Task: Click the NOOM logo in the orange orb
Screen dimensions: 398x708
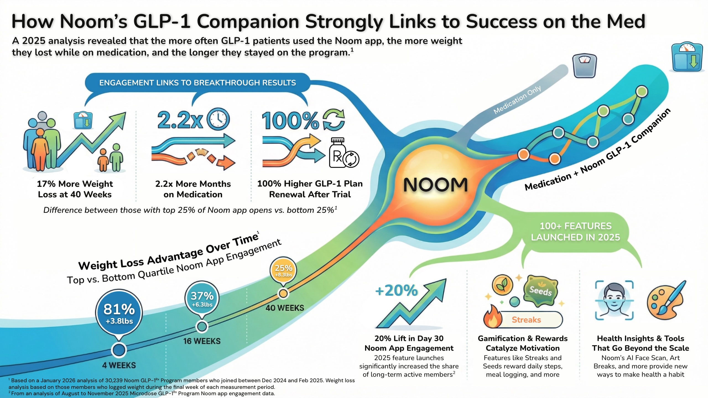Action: coord(435,185)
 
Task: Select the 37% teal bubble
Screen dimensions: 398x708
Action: coord(202,298)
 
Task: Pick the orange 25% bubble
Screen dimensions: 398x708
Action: coord(283,270)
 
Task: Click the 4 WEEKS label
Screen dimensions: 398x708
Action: coord(119,365)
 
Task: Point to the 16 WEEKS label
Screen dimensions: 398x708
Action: coord(202,341)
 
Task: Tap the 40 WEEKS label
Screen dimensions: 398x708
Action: coord(285,308)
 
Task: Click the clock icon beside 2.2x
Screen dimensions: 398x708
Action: coord(218,119)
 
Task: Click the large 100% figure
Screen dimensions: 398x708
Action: coord(290,121)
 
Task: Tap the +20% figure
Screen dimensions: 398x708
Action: coord(396,290)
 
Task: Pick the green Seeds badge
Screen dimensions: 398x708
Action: coord(540,290)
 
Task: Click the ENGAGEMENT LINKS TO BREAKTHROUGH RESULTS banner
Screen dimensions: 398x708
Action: coord(197,83)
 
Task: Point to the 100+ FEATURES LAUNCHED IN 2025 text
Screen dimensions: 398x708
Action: coord(575,232)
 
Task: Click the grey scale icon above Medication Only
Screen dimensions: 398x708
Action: coord(584,66)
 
